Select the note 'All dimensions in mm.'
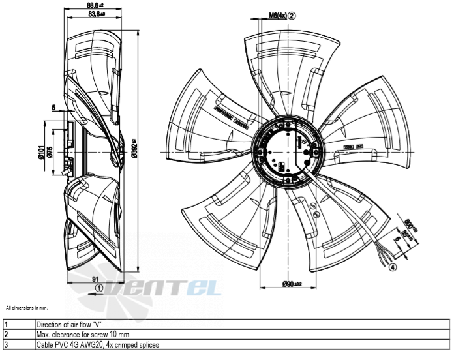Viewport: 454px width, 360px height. (27, 307)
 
